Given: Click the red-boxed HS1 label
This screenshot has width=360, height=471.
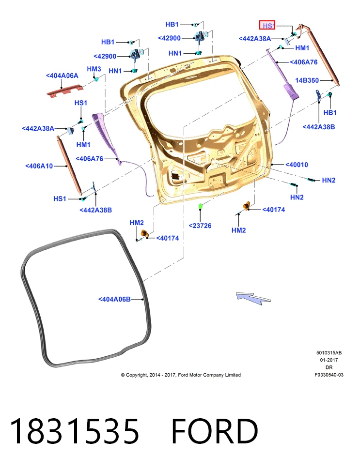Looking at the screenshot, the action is (x=267, y=25).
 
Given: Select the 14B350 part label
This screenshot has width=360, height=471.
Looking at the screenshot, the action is (x=307, y=80).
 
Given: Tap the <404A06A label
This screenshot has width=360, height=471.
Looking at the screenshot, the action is (x=62, y=76).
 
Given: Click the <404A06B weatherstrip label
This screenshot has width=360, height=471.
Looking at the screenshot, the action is (x=114, y=299).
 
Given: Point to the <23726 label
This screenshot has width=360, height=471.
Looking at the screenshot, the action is (x=200, y=226).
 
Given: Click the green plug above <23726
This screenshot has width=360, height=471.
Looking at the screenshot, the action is (x=200, y=206).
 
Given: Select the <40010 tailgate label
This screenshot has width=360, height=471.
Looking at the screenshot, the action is (x=297, y=165).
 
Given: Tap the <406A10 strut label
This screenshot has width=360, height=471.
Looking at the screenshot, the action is (x=39, y=166).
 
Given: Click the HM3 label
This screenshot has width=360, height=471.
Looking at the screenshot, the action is (x=94, y=69).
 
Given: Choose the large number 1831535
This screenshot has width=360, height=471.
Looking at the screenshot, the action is (x=75, y=431).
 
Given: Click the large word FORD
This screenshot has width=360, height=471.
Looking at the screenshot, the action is (x=215, y=431).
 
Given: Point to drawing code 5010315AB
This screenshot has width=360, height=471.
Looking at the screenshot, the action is (x=329, y=353).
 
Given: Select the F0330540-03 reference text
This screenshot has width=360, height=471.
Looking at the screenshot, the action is (x=329, y=375).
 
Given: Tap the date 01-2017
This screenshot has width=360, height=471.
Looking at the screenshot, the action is (x=329, y=360).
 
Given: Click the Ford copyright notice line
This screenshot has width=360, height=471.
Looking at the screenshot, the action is (x=181, y=375).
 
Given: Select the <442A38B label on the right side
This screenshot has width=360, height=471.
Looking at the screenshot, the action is (x=318, y=127).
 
